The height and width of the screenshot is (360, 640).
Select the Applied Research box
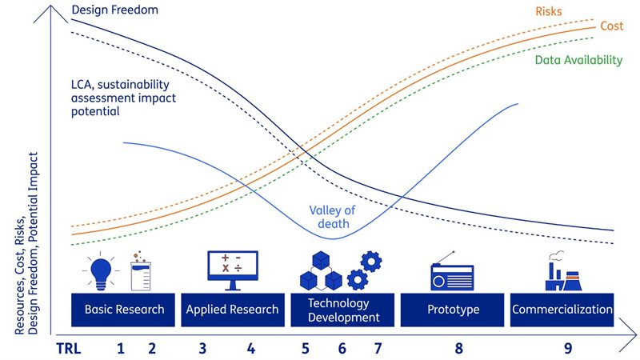pos(232,310)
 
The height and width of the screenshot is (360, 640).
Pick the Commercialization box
pos(562,310)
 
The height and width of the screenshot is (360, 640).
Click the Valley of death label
pos(332,217)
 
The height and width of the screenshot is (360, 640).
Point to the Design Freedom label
pos(115,10)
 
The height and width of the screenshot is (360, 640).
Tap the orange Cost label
pos(611,26)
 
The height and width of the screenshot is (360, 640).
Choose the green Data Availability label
pos(577,60)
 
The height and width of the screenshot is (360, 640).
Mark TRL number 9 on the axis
pos(568,348)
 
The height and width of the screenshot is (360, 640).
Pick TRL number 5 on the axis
pos(306,348)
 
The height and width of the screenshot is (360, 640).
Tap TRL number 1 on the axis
pos(121,348)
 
